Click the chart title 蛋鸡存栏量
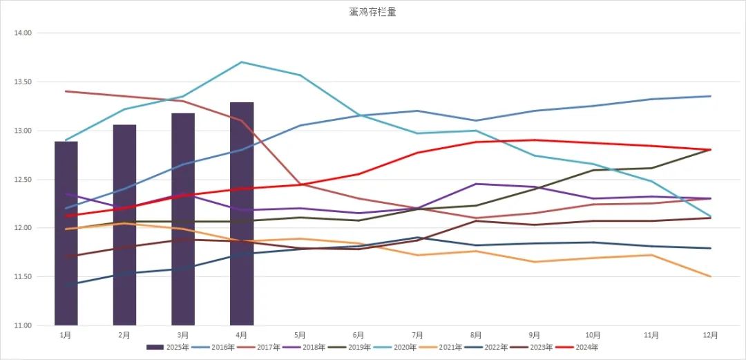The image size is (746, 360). pos(372,12)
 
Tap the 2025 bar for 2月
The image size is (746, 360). pos(124,225)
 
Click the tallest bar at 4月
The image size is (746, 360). pos(242,214)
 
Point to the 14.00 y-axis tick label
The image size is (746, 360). pos(23,33)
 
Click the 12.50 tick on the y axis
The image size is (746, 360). pos(23,180)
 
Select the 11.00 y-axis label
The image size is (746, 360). pos(23,325)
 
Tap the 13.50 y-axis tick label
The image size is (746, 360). pos(23,82)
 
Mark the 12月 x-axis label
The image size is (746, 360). pos(709,335)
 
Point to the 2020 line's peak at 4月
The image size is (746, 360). pos(242,62)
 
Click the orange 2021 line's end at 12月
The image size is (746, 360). pos(709,276)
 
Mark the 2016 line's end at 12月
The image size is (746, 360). pos(709,96)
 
